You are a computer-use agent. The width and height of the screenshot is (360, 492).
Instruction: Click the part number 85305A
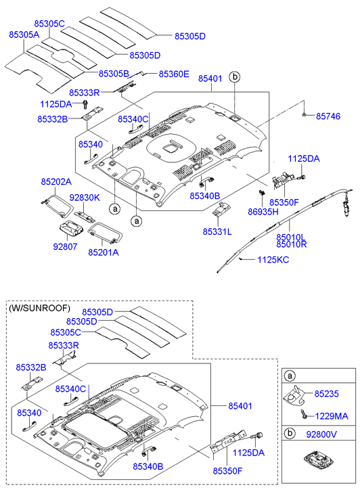tap(24, 35)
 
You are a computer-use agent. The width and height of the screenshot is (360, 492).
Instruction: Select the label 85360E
tap(174, 74)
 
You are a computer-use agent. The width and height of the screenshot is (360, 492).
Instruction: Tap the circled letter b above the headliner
tap(234, 77)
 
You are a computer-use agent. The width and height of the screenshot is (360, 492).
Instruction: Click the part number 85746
tap(328, 116)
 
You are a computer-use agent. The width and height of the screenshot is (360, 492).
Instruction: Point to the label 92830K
tap(85, 198)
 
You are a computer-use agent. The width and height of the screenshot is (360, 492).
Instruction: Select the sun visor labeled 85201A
tap(105, 233)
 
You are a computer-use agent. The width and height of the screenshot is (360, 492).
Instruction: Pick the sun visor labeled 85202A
tap(58, 204)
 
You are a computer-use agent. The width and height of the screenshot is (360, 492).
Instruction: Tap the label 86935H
tap(263, 212)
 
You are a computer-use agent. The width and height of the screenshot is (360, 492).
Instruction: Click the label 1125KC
tap(273, 260)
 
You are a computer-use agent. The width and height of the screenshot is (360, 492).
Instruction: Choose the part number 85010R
tap(291, 244)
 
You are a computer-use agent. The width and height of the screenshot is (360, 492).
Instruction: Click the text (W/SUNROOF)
tap(39, 308)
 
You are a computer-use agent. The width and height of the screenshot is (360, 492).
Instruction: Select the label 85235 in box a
tap(326, 394)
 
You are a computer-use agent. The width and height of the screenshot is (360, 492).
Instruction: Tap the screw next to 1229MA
tap(304, 414)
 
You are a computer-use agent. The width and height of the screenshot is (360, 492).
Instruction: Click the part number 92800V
tap(321, 434)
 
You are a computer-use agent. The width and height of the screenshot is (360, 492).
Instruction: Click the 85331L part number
tap(217, 231)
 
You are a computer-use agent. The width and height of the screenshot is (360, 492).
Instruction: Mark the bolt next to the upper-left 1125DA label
tap(85, 104)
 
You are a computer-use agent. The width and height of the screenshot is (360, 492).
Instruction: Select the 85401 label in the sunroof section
tap(240, 406)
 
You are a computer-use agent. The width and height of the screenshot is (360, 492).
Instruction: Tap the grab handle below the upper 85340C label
tap(135, 127)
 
